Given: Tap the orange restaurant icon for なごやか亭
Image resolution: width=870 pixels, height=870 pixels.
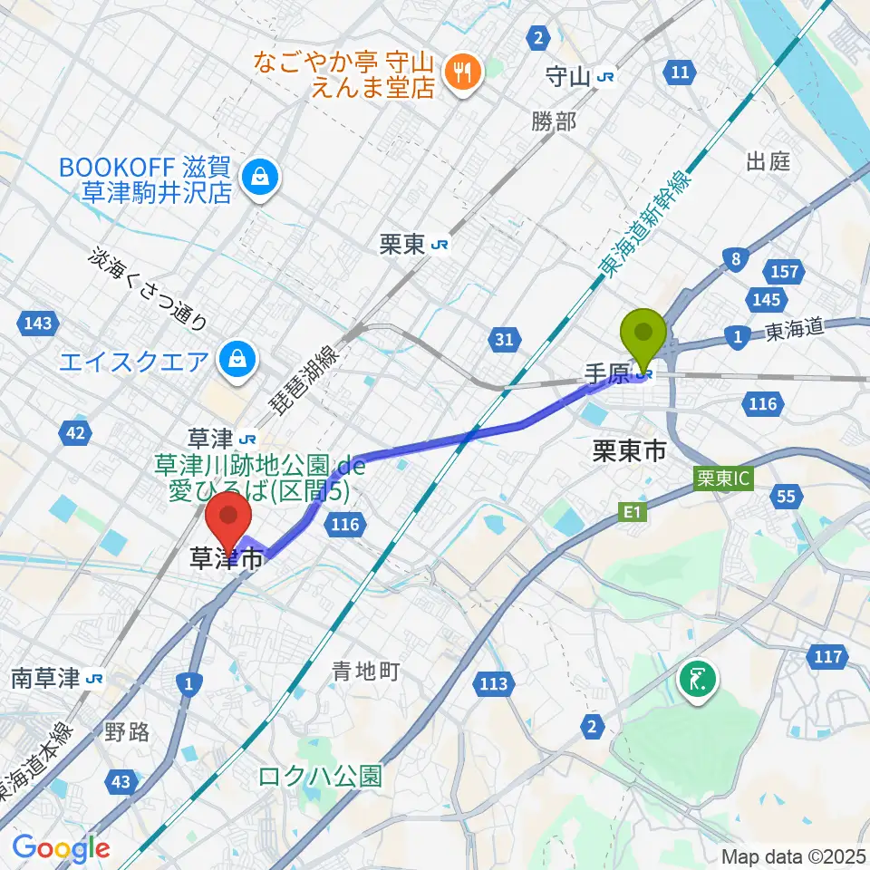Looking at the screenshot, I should coord(463,73).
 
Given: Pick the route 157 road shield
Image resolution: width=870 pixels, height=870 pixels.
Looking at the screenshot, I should coord(785,271).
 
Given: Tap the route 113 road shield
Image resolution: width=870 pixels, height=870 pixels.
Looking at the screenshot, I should coord(494,684).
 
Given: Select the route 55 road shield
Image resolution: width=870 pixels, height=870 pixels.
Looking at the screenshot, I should coord(788,495).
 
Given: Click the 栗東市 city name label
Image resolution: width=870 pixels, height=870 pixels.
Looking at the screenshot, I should coord(629,453).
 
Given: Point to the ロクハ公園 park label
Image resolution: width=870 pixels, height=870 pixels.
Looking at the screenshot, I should coord(320,777).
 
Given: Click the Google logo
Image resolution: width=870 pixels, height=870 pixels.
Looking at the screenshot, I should coord(62,849).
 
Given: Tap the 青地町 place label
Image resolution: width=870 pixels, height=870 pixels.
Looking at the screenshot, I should coord(365,672).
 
